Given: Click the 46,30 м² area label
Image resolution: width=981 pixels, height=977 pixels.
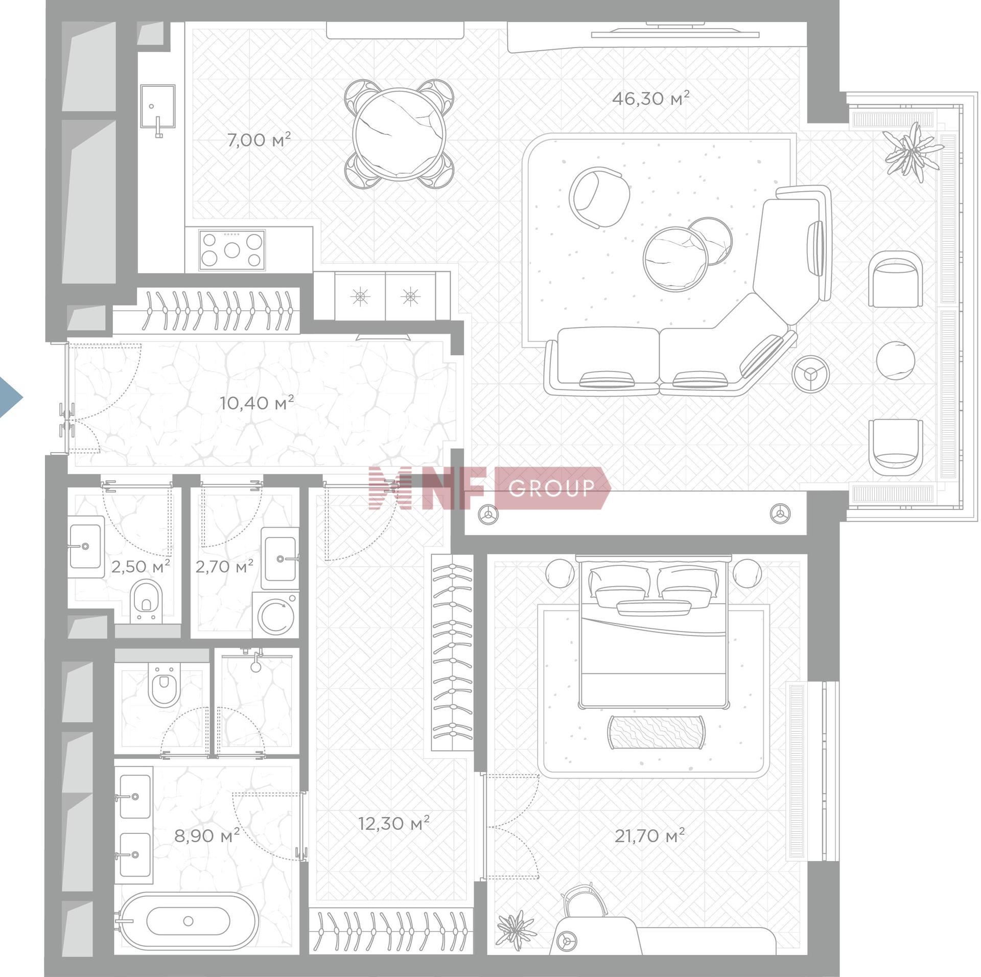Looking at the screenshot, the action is [x=650, y=98].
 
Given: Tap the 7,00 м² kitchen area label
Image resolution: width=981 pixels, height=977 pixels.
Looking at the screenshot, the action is [x=259, y=139].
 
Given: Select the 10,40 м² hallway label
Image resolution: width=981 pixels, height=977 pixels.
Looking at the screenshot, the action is [x=256, y=403].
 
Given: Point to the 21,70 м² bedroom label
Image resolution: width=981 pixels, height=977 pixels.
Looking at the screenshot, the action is [x=649, y=836].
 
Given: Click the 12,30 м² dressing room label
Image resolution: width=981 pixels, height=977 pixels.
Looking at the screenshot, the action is [x=393, y=823].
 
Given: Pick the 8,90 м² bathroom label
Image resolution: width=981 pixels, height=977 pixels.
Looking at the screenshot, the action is [x=207, y=836].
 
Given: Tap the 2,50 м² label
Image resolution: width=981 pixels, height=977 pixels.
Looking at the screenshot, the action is [x=140, y=567].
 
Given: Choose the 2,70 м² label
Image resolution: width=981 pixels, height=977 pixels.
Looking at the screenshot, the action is [x=224, y=566].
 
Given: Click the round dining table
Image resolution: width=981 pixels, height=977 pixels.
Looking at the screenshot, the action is [x=400, y=134].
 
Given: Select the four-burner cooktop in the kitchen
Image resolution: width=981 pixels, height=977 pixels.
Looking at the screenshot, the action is [x=232, y=250].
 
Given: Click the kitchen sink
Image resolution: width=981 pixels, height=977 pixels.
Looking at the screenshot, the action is [x=158, y=108].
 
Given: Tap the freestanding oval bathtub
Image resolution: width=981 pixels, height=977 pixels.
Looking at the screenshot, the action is [x=187, y=921].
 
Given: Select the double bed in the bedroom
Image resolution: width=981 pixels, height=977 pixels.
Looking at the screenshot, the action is [x=653, y=632].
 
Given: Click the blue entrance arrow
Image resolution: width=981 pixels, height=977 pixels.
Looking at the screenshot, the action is [x=10, y=397].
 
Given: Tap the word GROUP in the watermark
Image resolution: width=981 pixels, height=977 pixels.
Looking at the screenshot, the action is [x=552, y=488].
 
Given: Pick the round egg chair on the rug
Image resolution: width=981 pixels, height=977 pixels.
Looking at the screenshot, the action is [x=599, y=197].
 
